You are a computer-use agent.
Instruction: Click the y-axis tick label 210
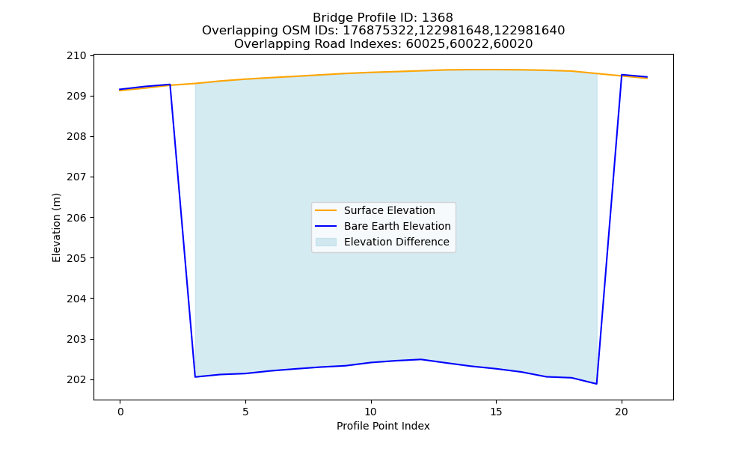click(x=76, y=56)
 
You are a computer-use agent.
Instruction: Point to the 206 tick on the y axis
click(x=76, y=218)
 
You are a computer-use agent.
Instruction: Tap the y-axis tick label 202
click(x=76, y=380)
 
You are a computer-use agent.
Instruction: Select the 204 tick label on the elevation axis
click(x=76, y=299)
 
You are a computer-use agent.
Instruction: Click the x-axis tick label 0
click(x=120, y=412)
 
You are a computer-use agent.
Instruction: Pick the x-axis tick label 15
click(x=496, y=412)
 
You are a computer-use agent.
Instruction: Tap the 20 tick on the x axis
click(x=621, y=412)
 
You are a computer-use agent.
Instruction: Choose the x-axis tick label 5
click(x=245, y=412)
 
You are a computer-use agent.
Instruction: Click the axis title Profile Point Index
click(x=383, y=426)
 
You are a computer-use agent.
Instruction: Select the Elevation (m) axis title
click(x=56, y=227)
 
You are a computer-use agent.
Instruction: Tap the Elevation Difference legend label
click(x=396, y=242)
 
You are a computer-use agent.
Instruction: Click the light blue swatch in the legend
click(x=326, y=242)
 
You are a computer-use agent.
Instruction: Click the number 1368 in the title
click(x=438, y=18)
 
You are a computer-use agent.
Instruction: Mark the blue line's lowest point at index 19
click(x=596, y=384)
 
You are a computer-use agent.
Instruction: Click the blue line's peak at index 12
click(x=420, y=359)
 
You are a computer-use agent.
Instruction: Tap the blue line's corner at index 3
click(x=195, y=377)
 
